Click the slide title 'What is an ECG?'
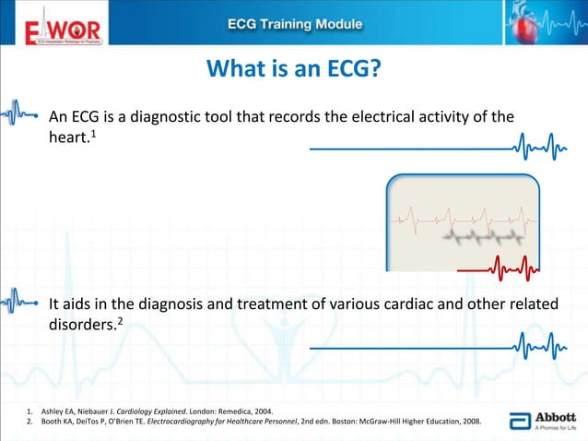[x=293, y=70]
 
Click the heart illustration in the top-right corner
[x=548, y=24]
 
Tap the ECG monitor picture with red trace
[x=461, y=222]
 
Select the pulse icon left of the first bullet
[x=19, y=115]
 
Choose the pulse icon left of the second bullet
[x=19, y=302]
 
